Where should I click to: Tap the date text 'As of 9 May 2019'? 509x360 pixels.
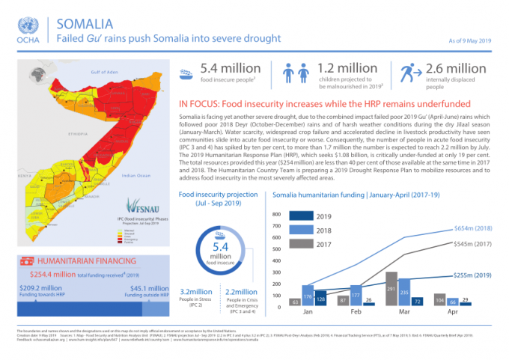(471, 38)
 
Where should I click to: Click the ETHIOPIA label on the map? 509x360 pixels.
(56, 132)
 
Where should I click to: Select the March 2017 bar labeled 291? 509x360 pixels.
(390, 289)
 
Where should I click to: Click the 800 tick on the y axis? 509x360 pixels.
(275, 214)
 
